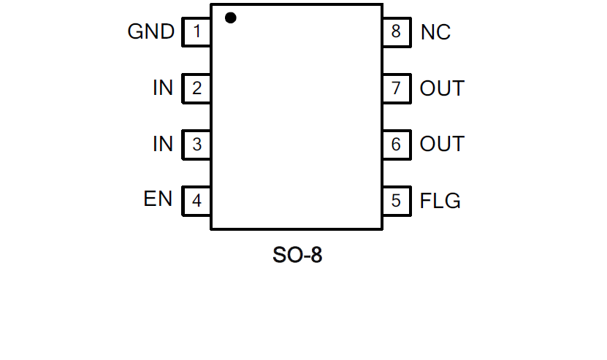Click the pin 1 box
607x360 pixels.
[x=196, y=32]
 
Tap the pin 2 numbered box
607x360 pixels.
[x=196, y=88]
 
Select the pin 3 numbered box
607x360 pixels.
[x=196, y=145]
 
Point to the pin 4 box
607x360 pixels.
[x=196, y=200]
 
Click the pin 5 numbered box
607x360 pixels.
[x=396, y=200]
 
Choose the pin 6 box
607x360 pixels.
[x=396, y=145]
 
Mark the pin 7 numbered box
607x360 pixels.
[x=396, y=88]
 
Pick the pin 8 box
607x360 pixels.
[x=396, y=32]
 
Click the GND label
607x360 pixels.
[x=151, y=32]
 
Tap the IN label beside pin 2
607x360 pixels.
[x=163, y=88]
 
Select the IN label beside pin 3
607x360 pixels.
[x=163, y=145]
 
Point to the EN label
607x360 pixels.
[x=158, y=199]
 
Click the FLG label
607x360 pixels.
[x=440, y=201]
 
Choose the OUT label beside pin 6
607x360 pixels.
[x=442, y=145]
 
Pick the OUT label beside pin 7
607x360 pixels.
[x=442, y=88]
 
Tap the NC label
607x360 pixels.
[x=435, y=32]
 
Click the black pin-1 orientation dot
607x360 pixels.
[x=231, y=18]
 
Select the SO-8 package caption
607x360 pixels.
[x=297, y=256]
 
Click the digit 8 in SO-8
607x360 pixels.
[x=316, y=256]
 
